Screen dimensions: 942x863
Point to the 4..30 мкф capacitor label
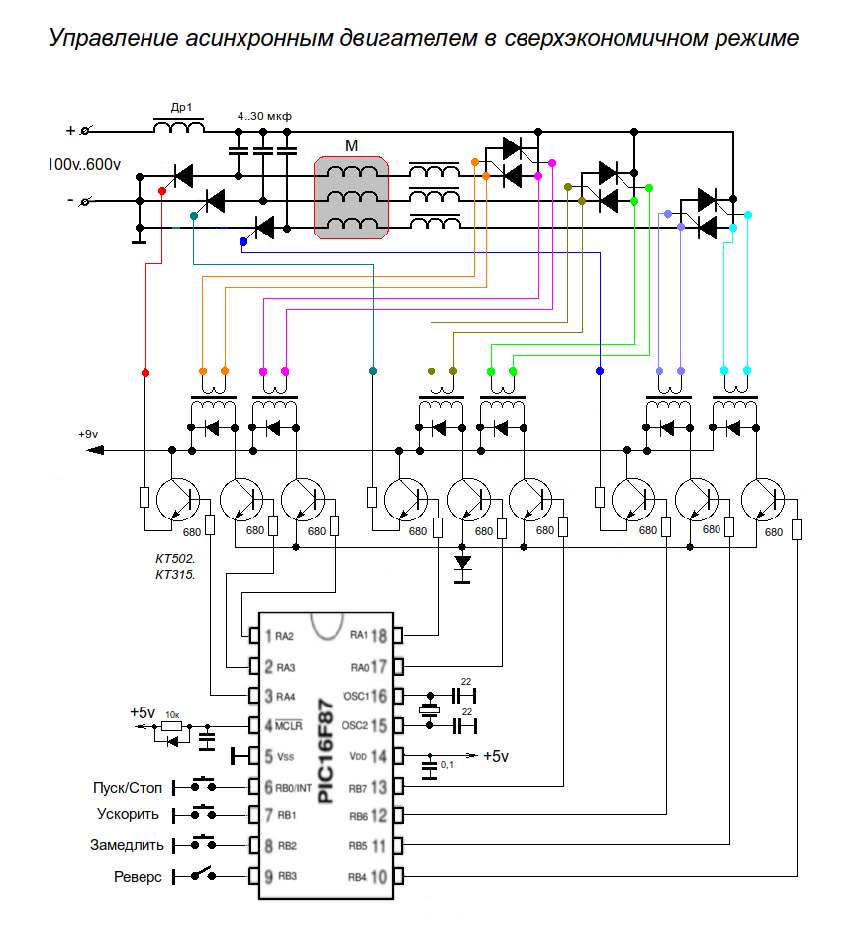(x=264, y=116)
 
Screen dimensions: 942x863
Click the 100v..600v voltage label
(x=84, y=164)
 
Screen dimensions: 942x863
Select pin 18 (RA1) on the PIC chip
(x=378, y=634)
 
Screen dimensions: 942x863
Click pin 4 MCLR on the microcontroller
(x=268, y=726)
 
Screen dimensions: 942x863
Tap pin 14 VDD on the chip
(x=378, y=757)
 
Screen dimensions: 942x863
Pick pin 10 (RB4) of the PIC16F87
(x=378, y=876)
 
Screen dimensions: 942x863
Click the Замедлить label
(x=126, y=846)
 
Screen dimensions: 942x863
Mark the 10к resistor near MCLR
(x=172, y=727)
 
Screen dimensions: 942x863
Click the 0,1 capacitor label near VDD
(x=448, y=765)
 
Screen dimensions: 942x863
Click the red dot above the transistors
(x=145, y=373)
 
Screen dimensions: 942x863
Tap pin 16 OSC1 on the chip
(x=378, y=695)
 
